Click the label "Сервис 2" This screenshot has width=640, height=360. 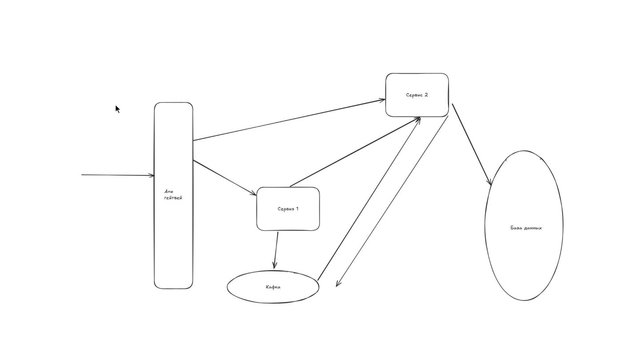pyautogui.click(x=417, y=95)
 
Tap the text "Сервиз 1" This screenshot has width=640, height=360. pyautogui.click(x=288, y=209)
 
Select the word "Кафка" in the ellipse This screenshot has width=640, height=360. pyautogui.click(x=273, y=287)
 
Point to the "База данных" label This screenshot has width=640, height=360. pyautogui.click(x=526, y=228)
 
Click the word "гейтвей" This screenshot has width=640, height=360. pyautogui.click(x=173, y=198)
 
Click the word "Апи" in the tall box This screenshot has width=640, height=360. pyautogui.click(x=168, y=192)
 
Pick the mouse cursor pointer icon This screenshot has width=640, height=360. pyautogui.click(x=117, y=109)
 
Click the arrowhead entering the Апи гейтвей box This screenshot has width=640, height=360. pyautogui.click(x=152, y=176)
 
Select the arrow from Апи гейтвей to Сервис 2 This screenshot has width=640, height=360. pyautogui.click(x=289, y=120)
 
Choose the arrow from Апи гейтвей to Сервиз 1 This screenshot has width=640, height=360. pyautogui.click(x=224, y=177)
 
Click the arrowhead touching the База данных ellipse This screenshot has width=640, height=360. pyautogui.click(x=489, y=182)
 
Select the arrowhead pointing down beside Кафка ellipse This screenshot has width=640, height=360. pyautogui.click(x=338, y=284)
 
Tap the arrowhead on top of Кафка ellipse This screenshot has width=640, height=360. pyautogui.click(x=275, y=266)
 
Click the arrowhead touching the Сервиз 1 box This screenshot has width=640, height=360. pyautogui.click(x=254, y=193)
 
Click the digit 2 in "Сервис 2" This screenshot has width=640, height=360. pyautogui.click(x=426, y=95)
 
